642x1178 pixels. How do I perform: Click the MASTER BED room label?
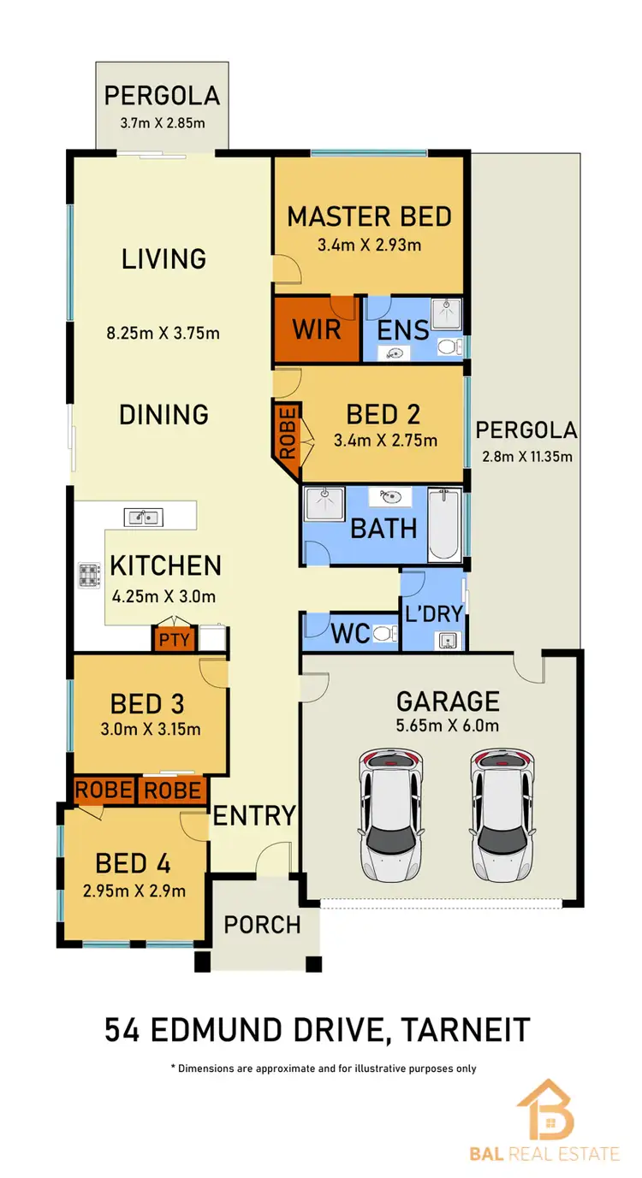tap(369, 216)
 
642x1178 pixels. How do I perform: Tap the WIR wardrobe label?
tap(317, 329)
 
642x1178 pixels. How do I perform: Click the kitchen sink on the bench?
tap(143, 517)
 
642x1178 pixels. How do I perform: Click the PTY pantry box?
tap(175, 639)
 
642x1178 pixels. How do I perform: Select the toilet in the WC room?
tap(386, 633)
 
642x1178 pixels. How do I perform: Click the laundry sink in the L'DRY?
tap(447, 640)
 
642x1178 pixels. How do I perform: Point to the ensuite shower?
tap(445, 314)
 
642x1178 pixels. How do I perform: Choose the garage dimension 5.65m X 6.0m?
tap(447, 726)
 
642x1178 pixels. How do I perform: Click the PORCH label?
tap(262, 924)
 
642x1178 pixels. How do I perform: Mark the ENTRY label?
tap(254, 815)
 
